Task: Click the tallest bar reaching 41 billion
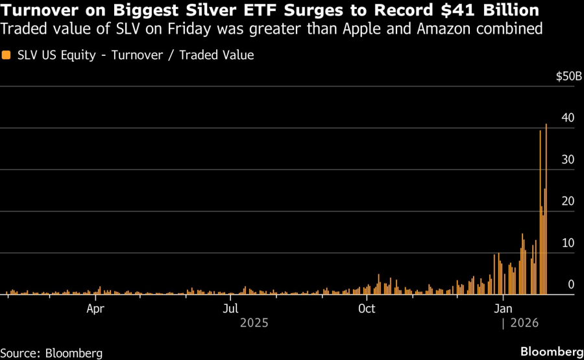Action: pos(546,208)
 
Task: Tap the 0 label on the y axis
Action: pos(571,284)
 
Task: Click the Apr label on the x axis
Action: pos(96,309)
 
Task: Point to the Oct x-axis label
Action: pos(367,309)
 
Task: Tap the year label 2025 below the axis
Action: pos(254,322)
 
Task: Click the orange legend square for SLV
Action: pos(6,55)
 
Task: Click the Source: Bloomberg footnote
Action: pos(51,353)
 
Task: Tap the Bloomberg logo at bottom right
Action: pos(551,352)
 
